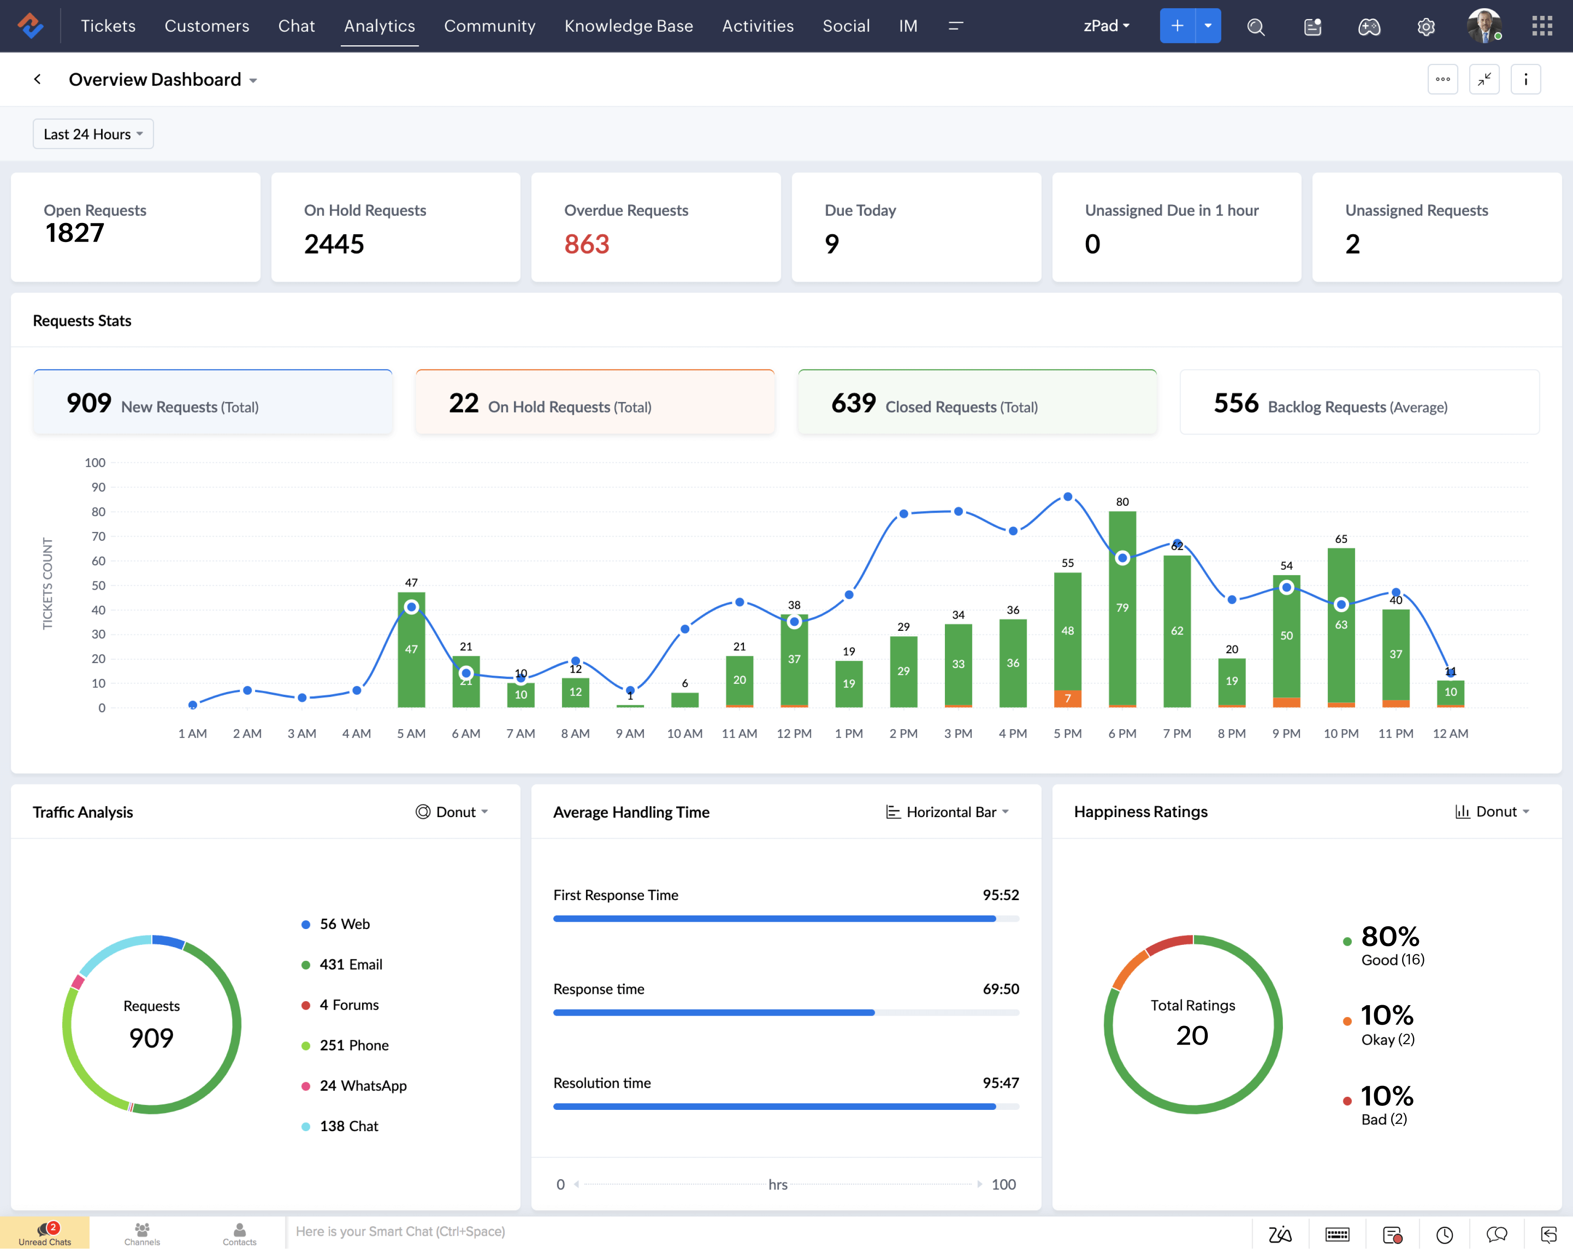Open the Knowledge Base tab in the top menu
pyautogui.click(x=628, y=26)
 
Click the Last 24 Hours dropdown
pyautogui.click(x=92, y=134)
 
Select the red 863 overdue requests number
pyautogui.click(x=586, y=244)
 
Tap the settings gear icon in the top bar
pyautogui.click(x=1426, y=27)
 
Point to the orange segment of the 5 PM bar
pyautogui.click(x=1067, y=698)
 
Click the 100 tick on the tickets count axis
pyautogui.click(x=95, y=463)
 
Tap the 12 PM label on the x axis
pyautogui.click(x=794, y=733)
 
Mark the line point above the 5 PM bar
pyautogui.click(x=1067, y=497)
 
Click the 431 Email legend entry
pyautogui.click(x=350, y=964)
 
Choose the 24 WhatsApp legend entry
pyautogui.click(x=363, y=1085)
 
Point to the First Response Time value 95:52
pyautogui.click(x=1000, y=895)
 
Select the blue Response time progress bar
pyautogui.click(x=714, y=1012)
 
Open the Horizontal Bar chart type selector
pyautogui.click(x=948, y=812)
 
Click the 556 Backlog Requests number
pyautogui.click(x=1236, y=403)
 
